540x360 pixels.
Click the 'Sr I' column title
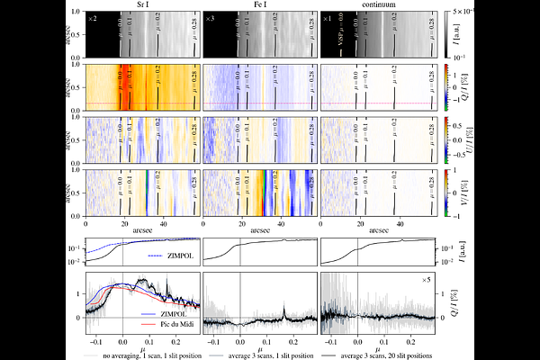pyautogui.click(x=143, y=4)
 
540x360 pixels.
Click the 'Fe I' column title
pyautogui.click(x=260, y=4)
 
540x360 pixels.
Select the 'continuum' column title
pyautogui.click(x=378, y=4)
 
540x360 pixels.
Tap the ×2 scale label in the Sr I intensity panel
pyautogui.click(x=92, y=18)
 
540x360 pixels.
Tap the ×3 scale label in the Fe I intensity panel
pyautogui.click(x=210, y=18)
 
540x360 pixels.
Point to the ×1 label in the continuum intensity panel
pyautogui.click(x=327, y=18)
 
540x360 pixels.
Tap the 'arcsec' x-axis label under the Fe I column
pyautogui.click(x=260, y=230)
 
